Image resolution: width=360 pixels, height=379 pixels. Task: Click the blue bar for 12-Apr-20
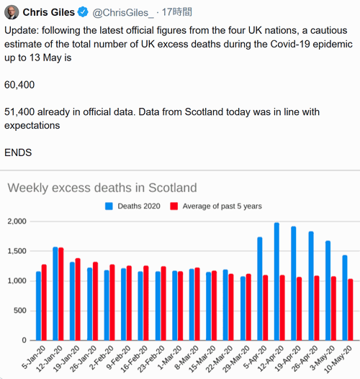point(276,282)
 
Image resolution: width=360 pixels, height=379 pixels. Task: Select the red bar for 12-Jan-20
point(61,294)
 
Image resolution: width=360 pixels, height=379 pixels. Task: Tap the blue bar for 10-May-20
point(345,298)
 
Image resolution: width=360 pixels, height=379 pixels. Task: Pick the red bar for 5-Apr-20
point(266,308)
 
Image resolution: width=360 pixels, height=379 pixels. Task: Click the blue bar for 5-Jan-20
point(38,306)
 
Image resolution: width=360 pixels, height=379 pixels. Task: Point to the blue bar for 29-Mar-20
point(243,309)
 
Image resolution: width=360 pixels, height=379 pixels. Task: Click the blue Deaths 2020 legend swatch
point(109,206)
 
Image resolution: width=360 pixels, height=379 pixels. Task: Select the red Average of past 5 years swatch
point(174,206)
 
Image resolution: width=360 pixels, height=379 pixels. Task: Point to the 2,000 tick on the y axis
point(17,222)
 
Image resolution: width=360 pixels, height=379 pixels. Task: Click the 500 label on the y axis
point(20,311)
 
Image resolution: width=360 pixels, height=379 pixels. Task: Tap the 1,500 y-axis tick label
point(17,251)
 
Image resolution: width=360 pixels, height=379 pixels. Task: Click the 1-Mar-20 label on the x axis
point(170,357)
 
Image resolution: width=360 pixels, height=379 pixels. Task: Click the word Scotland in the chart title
point(173,188)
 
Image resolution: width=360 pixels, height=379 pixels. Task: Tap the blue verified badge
point(83,12)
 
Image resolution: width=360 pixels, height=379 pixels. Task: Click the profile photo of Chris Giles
point(12,12)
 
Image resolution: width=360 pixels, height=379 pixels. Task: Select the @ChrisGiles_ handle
point(123,12)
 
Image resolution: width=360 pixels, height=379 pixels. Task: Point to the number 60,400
point(19,85)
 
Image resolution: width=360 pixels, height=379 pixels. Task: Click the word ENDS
point(18,152)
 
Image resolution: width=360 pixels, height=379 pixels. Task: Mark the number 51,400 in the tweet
point(19,112)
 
